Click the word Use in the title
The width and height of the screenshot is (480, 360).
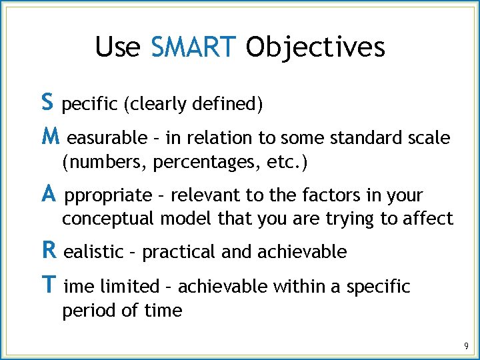[118, 47]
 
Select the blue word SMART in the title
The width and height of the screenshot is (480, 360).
[193, 47]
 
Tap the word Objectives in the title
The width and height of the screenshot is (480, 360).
[315, 47]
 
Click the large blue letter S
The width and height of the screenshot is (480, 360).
[47, 103]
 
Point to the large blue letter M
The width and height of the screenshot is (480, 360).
[49, 137]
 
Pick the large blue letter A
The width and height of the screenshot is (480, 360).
[47, 194]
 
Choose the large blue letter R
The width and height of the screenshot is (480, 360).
[48, 251]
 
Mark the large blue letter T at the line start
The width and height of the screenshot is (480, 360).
[47, 285]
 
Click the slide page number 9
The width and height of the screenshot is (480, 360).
[466, 346]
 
